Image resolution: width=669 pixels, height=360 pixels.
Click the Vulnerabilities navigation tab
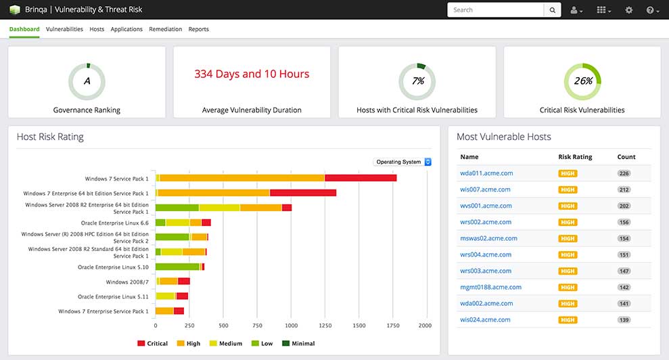(64, 29)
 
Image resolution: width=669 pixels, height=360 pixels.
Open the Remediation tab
(166, 29)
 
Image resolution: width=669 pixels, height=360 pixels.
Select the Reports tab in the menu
(198, 29)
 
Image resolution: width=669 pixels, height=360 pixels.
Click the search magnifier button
(553, 10)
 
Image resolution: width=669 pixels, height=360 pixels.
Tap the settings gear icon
(629, 10)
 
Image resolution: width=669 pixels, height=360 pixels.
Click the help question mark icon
(650, 10)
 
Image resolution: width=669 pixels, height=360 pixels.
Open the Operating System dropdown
(402, 162)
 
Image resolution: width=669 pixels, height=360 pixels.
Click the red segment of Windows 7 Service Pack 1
(361, 178)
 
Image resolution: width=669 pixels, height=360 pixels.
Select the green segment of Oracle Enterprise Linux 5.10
(177, 267)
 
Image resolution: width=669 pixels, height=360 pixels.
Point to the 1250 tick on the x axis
(325, 325)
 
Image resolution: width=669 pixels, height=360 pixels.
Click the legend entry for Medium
(226, 343)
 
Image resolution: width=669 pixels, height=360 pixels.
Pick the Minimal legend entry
(299, 343)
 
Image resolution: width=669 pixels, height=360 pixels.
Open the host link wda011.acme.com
(486, 173)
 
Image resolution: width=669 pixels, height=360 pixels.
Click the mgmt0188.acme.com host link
(490, 288)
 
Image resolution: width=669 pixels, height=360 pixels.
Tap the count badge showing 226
(624, 173)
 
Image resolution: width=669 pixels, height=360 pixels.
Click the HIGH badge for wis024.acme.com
(568, 320)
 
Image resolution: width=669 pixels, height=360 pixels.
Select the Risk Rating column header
(575, 157)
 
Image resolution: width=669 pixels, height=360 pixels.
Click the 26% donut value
(583, 81)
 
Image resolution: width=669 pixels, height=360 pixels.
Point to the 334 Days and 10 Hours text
(252, 74)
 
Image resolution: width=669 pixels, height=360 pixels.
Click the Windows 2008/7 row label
(127, 282)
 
